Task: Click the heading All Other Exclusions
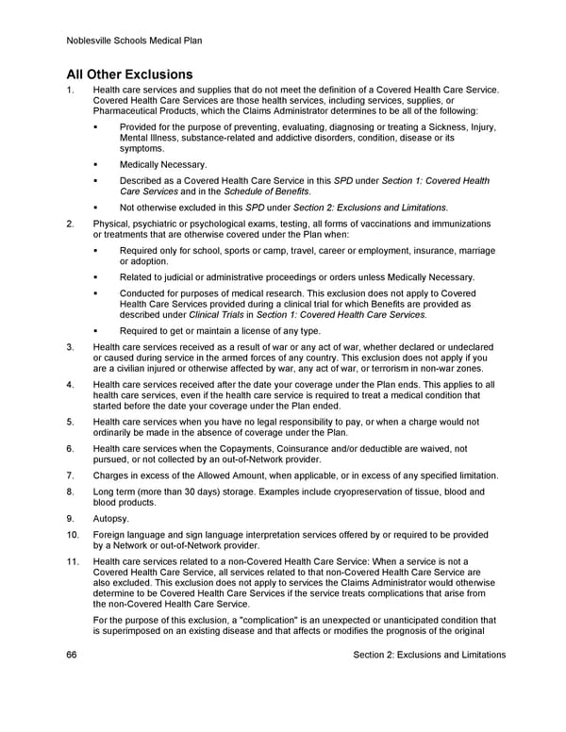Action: coord(129,74)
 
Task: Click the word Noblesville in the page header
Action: coord(92,41)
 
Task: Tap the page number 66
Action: coord(72,655)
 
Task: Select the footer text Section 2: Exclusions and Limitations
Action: coord(428,655)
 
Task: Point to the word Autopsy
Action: coord(112,518)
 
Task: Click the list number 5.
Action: coord(70,422)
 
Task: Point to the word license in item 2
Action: coord(253,331)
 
